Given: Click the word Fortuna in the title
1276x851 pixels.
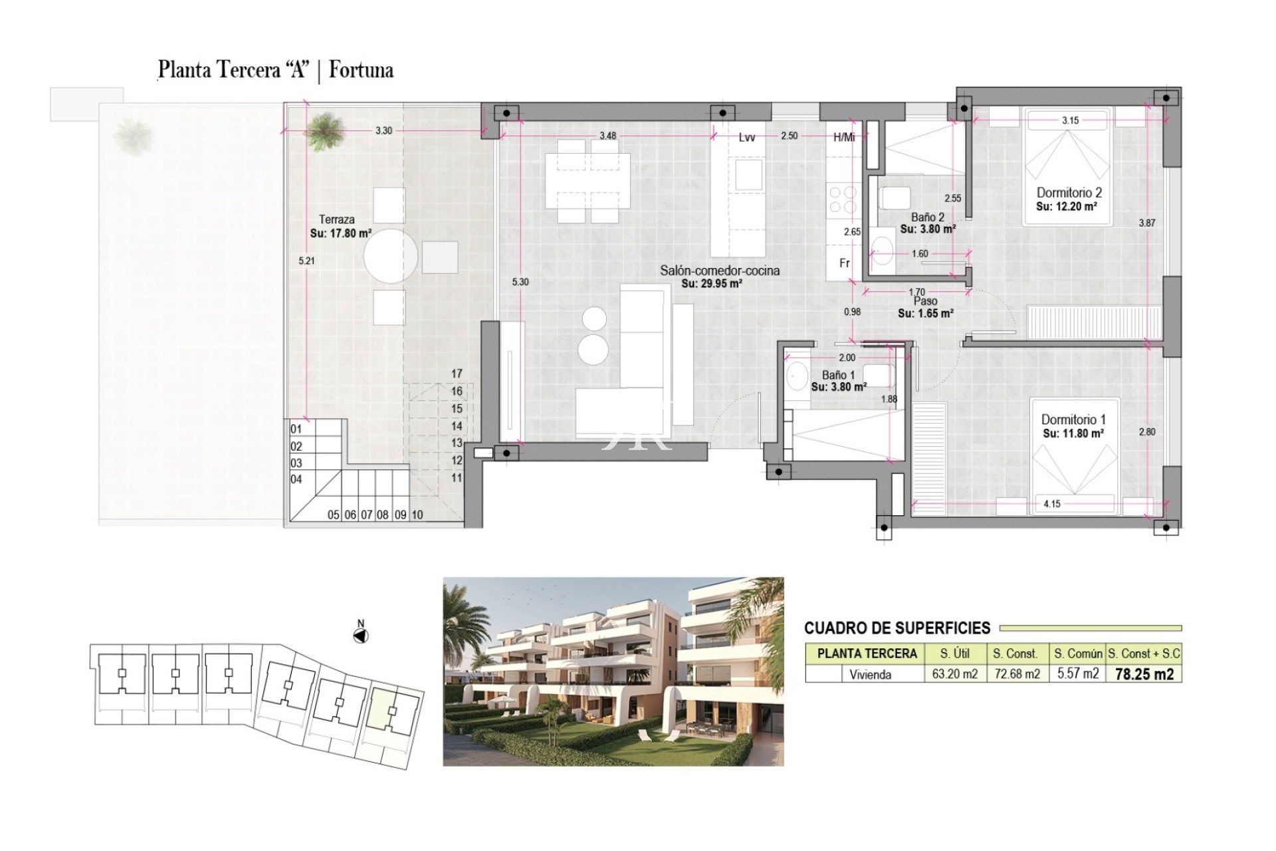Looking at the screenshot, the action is tap(361, 70).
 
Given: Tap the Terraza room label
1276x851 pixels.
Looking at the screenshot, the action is tap(336, 219).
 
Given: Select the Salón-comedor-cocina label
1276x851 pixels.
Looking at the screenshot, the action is tap(720, 271).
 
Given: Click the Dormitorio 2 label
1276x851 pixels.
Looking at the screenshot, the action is tap(1069, 193).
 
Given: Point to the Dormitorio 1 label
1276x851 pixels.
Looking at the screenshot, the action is tap(1073, 420).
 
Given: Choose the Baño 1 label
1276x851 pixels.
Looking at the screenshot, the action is tap(839, 375).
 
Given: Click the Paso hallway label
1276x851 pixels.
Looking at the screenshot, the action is tap(926, 301).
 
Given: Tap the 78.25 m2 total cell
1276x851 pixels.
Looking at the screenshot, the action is tap(1144, 674).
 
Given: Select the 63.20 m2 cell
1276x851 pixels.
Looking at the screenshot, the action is tap(955, 674).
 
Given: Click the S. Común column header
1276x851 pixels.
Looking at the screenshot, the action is tap(1078, 654).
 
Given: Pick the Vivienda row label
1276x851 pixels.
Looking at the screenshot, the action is tap(871, 675).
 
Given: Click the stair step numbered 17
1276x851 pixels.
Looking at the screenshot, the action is tap(457, 374).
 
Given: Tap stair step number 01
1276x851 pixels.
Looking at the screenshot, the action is tap(296, 429).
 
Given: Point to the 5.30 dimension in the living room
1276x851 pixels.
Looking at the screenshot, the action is tap(520, 282).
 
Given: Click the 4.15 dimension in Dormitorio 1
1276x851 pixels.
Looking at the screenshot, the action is tap(1052, 504).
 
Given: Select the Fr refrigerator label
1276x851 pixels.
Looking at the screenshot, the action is tap(845, 263).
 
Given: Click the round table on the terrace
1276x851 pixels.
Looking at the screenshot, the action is tap(391, 256).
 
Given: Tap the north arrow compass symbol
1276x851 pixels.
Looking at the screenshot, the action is tap(361, 636).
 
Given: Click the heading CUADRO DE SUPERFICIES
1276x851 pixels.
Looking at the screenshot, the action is tap(897, 628).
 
